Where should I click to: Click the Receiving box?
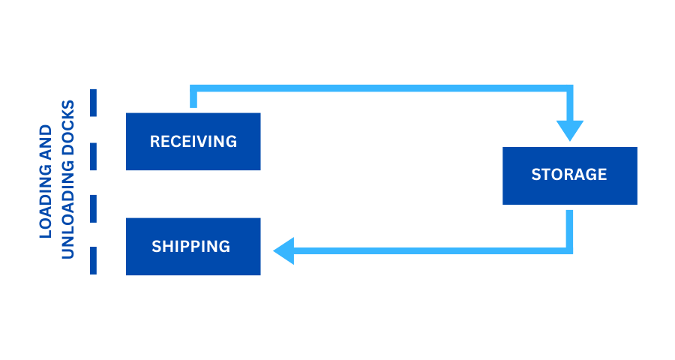(193, 142)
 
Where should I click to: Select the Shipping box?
(193, 247)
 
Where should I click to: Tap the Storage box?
(569, 175)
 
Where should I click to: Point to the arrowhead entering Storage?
(570, 130)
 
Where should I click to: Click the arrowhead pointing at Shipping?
(283, 250)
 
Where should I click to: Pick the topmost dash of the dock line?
(94, 102)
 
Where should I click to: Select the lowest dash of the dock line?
(94, 260)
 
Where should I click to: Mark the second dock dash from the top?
(94, 156)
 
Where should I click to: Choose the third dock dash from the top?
(94, 208)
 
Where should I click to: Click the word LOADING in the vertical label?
(46, 201)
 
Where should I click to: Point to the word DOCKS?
(68, 127)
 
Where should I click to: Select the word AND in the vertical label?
(46, 142)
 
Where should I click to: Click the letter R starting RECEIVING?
(154, 142)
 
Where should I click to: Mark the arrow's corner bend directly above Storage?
(570, 88)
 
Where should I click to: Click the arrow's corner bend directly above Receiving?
(193, 88)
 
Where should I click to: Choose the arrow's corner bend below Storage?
(570, 250)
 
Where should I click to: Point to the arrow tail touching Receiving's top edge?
(193, 106)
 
